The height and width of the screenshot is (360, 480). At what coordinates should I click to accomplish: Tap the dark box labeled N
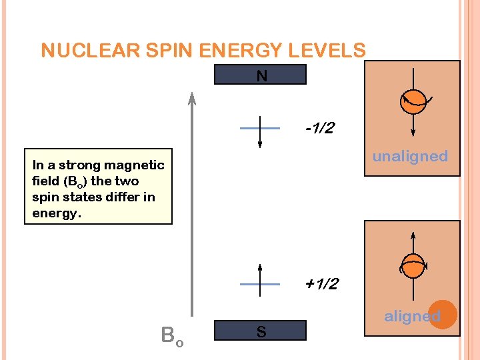pos(261,75)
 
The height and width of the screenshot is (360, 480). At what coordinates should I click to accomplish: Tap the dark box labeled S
pos(261,331)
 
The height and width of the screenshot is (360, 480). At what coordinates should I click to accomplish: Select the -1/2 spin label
pos(319,128)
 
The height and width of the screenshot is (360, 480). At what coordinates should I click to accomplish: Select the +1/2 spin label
pos(321,284)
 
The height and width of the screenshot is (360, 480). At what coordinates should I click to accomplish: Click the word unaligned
pos(410,156)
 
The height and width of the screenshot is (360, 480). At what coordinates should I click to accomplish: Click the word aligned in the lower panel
pos(411,316)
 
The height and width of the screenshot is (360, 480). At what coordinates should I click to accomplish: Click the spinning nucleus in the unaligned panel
pos(413,101)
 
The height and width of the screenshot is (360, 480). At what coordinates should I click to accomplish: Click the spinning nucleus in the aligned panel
pos(413,265)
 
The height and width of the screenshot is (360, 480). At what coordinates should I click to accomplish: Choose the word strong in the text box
pos(79,165)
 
